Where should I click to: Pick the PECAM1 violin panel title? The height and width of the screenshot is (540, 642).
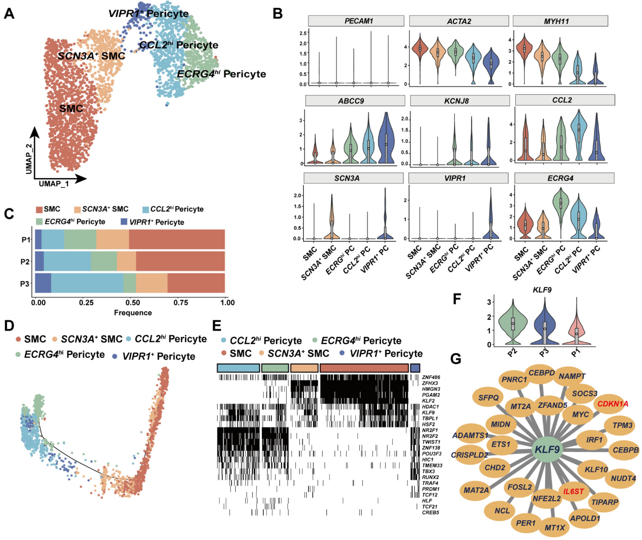[358, 21]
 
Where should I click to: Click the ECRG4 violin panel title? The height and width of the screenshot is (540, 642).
[560, 178]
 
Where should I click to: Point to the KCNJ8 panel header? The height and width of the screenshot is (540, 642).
[456, 101]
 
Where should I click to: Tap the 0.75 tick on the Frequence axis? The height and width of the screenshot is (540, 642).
[181, 303]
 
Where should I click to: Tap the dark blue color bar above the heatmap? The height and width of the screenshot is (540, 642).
[415, 368]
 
